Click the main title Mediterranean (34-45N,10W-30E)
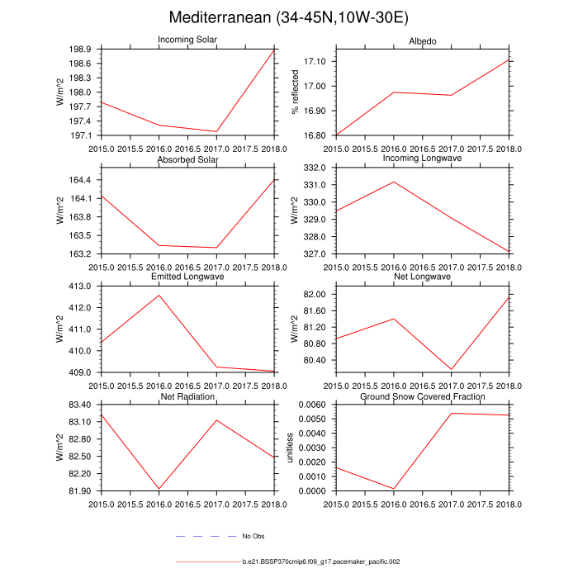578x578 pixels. [288, 18]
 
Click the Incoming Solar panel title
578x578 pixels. [187, 41]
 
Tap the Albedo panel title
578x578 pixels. [423, 41]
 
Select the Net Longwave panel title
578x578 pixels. [423, 277]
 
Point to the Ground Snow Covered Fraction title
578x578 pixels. [423, 396]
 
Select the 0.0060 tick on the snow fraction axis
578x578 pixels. [317, 405]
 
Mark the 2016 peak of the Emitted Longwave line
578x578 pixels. [159, 295]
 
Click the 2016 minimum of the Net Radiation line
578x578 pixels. [159, 489]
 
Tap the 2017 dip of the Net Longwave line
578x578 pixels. [452, 369]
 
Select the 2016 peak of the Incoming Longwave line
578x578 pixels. [394, 182]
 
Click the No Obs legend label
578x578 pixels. [253, 537]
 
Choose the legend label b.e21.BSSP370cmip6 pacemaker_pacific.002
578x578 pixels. [321, 561]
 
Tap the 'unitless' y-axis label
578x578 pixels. [290, 448]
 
